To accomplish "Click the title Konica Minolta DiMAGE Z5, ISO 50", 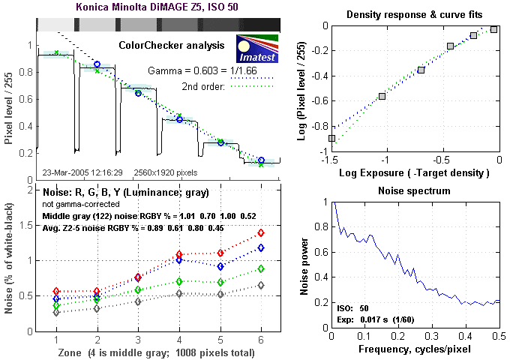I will (x=157, y=7).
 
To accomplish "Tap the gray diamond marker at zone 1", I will (x=57, y=313).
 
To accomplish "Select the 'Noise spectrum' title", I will (x=418, y=191).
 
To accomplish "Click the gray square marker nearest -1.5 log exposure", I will (x=331, y=139).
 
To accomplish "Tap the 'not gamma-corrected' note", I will (x=79, y=204).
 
